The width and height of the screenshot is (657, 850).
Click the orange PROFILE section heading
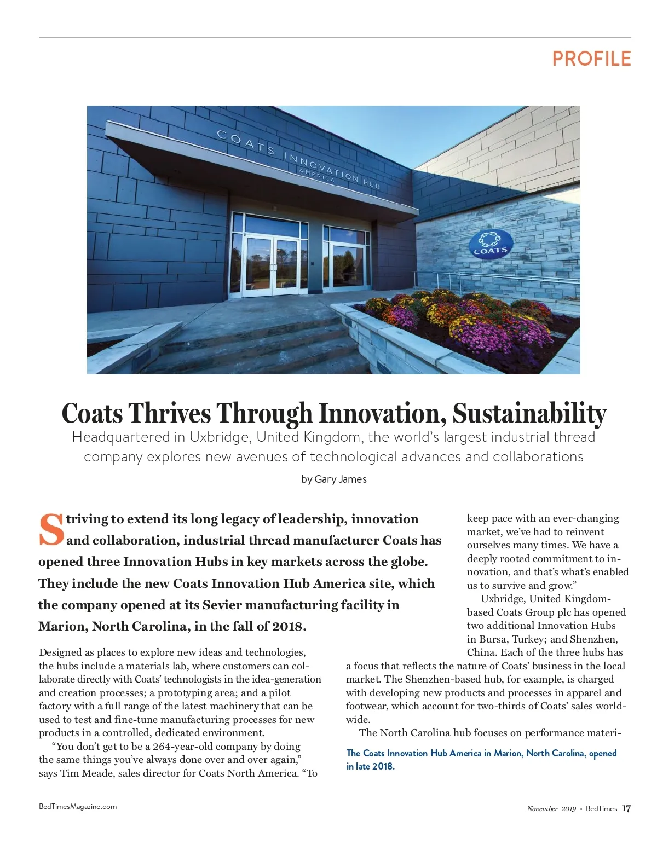pos(591,59)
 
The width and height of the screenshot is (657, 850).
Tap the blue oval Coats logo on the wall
pos(490,244)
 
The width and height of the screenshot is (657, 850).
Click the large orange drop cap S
pos(51,530)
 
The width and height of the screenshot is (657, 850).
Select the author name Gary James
pos(341,479)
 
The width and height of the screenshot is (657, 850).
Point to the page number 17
pos(626,808)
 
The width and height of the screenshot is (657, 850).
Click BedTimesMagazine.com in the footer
pos(78,806)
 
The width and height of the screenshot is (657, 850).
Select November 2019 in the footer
pos(551,809)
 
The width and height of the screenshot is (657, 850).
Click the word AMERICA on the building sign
pos(316,175)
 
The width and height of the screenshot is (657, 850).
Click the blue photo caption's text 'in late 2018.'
pos(370,766)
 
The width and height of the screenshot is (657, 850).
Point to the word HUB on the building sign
pos(371,184)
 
